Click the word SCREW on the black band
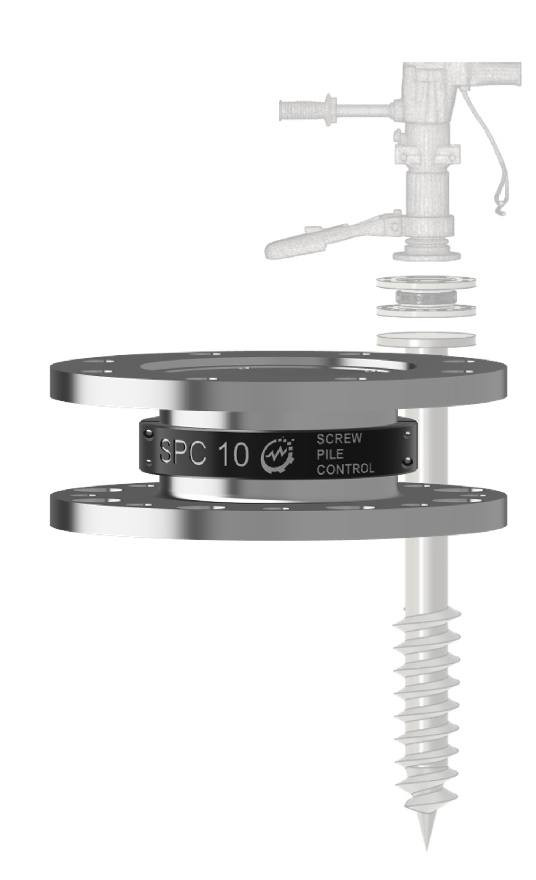click(339, 438)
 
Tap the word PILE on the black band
click(330, 454)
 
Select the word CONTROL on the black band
click(345, 469)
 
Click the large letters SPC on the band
click(183, 453)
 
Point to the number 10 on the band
click(233, 455)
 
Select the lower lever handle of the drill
click(325, 237)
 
